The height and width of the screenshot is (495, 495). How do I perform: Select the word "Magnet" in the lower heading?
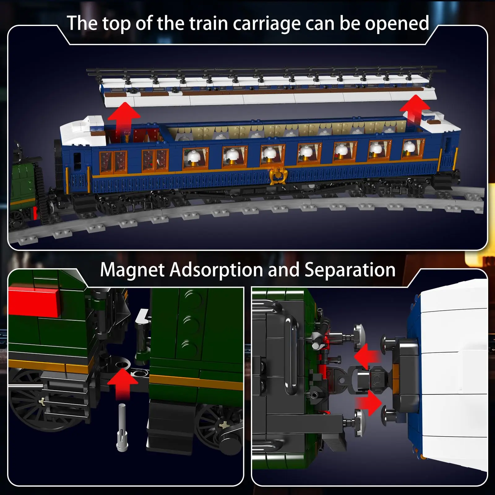pyautogui.click(x=132, y=270)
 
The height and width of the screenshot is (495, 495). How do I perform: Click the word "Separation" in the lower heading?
pyautogui.click(x=350, y=270)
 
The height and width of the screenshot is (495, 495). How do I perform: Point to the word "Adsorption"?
pyautogui.click(x=218, y=270)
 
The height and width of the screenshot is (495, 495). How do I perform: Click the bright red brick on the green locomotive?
pyautogui.click(x=34, y=302)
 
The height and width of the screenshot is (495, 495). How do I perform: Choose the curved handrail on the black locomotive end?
pyautogui.click(x=291, y=356)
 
